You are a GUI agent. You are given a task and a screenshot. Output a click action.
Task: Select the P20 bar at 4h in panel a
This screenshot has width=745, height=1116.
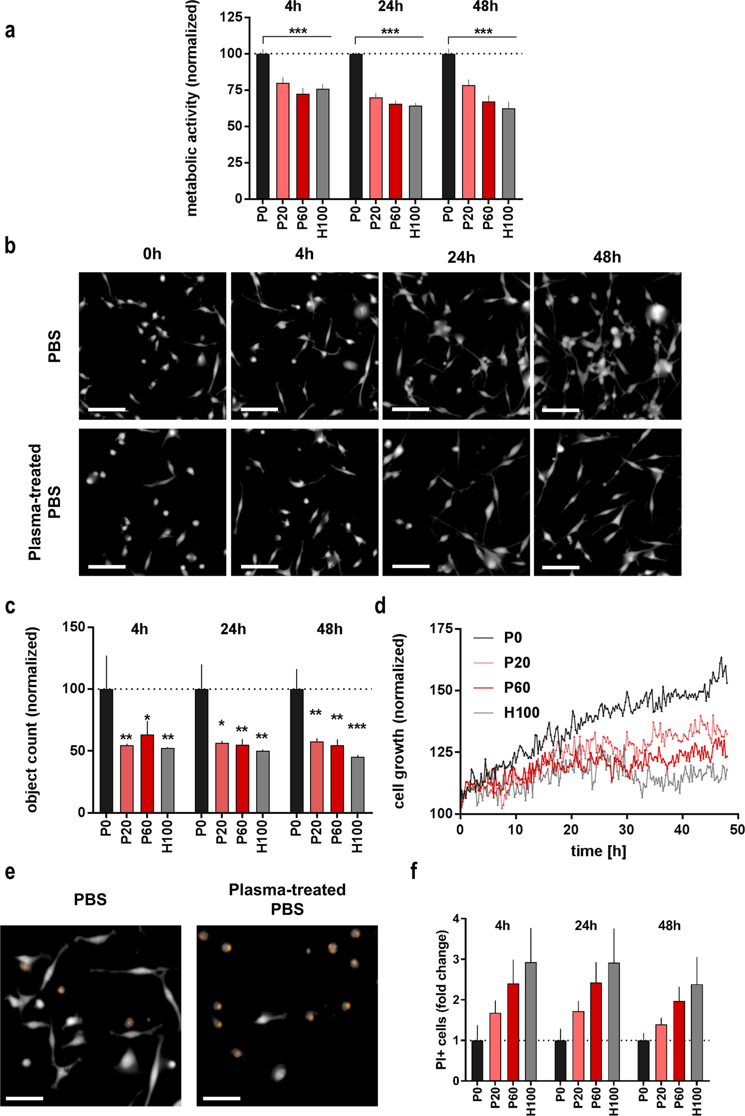coord(283,141)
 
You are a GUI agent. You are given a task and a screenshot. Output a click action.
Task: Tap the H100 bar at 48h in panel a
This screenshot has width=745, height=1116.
coord(508,153)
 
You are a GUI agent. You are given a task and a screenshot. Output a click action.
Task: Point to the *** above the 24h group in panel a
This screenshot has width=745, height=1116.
coord(390,32)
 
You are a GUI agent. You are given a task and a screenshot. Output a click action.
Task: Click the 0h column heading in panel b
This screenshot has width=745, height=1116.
coord(152,254)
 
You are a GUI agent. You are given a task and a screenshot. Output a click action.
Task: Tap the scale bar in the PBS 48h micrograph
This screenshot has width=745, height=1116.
coord(560,410)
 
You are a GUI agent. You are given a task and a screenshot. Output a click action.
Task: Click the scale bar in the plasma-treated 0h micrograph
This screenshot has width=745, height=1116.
coord(107,567)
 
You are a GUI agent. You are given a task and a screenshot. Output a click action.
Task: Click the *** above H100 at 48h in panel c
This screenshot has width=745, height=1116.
coord(357,727)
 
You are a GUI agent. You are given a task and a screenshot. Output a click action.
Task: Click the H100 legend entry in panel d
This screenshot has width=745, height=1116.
coord(521,713)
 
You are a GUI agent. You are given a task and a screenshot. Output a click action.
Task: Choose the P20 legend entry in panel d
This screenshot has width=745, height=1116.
coord(516,663)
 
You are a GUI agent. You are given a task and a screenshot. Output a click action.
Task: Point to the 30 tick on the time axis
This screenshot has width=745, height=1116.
coord(626,830)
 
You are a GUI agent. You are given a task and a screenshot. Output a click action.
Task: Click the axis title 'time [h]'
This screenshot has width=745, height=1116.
coord(598,851)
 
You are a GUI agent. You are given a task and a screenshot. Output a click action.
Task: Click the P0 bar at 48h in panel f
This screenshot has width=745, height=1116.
coord(644,1060)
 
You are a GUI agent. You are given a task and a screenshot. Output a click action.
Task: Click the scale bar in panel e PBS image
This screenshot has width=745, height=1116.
coord(25,1098)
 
